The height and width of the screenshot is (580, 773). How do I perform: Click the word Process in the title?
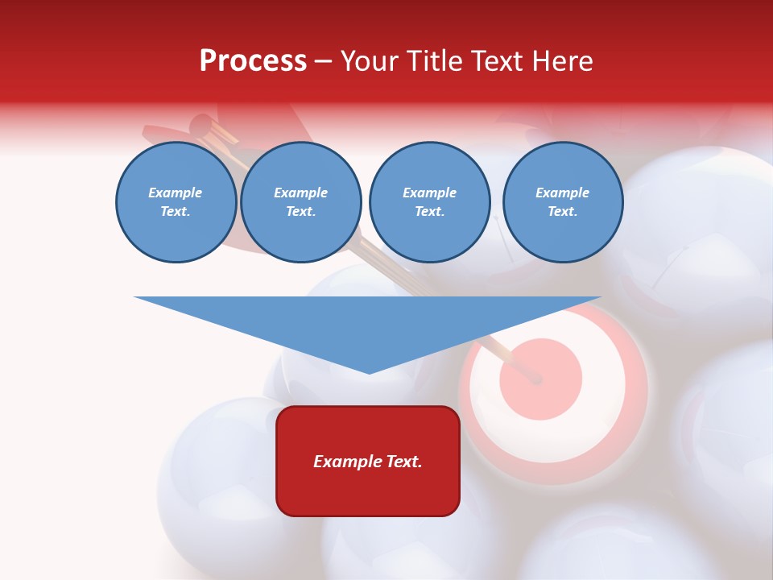click(x=253, y=61)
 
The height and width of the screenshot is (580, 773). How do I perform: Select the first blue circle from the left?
click(x=176, y=202)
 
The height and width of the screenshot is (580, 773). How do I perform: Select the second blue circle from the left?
click(x=300, y=202)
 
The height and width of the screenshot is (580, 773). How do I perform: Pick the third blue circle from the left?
click(x=429, y=202)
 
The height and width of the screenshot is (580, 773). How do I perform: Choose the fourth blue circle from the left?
click(x=562, y=202)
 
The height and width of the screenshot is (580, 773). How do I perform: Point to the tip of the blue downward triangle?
click(x=369, y=371)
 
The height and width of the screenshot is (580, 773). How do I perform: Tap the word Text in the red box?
click(x=403, y=462)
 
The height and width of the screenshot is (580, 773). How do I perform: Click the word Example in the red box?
click(x=346, y=462)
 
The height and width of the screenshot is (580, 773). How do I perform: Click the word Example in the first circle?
click(x=176, y=193)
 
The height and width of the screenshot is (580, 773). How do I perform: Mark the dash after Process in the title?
click(x=323, y=62)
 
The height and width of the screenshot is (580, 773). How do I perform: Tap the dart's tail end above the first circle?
click(x=200, y=126)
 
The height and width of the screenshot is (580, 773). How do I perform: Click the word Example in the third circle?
click(x=429, y=193)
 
